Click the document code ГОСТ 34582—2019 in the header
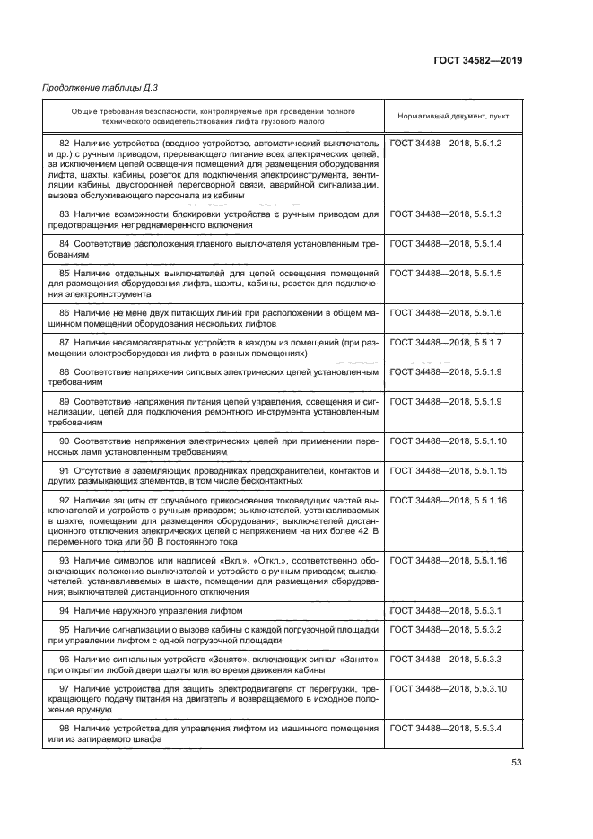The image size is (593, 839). (477, 61)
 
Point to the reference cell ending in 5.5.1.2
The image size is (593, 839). (446, 144)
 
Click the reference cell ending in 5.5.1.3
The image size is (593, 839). (446, 214)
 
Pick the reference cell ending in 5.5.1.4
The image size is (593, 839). (446, 244)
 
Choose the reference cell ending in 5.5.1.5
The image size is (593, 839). (446, 273)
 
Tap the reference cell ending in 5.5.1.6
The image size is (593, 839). (446, 312)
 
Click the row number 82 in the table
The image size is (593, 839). (65, 144)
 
